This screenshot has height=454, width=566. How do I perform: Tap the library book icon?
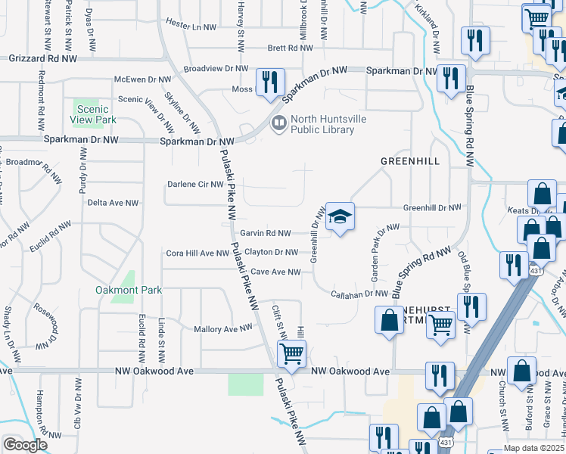(x=278, y=123)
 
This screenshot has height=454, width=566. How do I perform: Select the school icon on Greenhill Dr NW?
(x=340, y=217)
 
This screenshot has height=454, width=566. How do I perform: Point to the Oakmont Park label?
(x=119, y=290)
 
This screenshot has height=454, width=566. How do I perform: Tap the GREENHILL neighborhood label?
(x=409, y=161)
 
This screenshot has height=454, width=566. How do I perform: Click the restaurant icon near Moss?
(x=270, y=82)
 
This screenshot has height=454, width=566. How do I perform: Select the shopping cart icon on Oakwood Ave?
(x=292, y=353)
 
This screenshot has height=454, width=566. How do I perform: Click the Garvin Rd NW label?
(x=265, y=234)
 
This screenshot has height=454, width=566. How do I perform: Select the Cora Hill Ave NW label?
(x=197, y=253)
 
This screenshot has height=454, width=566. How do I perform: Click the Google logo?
(x=25, y=445)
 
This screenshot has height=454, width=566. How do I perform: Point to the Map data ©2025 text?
(x=533, y=448)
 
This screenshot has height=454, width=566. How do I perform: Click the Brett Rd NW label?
(x=290, y=48)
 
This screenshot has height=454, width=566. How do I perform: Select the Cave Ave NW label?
(x=275, y=272)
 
